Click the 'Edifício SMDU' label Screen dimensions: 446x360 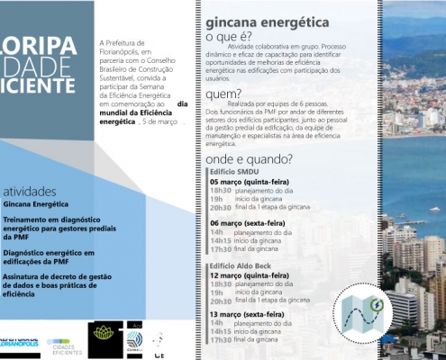click(x=235, y=170)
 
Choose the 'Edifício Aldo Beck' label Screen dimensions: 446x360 click(x=241, y=267)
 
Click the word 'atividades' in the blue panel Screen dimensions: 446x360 click(x=30, y=192)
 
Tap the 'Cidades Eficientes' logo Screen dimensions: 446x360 click(x=63, y=342)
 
